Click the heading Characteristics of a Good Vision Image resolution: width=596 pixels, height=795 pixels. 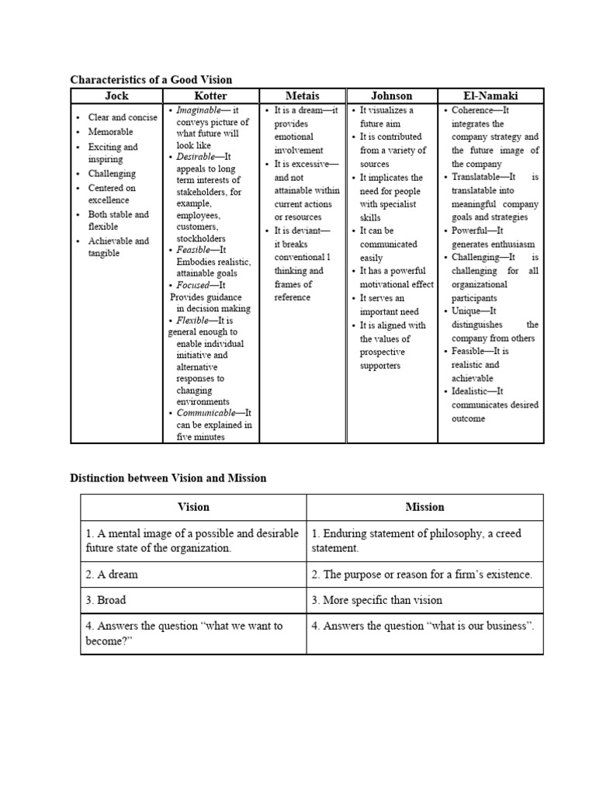[x=151, y=79]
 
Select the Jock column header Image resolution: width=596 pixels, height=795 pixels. [x=116, y=95]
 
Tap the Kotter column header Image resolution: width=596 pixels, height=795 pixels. [x=210, y=95]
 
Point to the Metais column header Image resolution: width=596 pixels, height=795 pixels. [x=302, y=95]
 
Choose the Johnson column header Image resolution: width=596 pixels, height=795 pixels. [x=391, y=95]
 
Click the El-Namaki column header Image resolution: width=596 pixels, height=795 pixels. [x=490, y=95]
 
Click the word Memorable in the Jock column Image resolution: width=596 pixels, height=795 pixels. [x=110, y=132]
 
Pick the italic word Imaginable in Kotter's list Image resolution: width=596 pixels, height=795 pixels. [x=198, y=110]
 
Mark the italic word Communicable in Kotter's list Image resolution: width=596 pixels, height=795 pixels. [x=206, y=413]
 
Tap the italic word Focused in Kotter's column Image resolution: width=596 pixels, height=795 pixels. [x=194, y=285]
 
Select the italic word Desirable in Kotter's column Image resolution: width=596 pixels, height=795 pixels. [x=195, y=157]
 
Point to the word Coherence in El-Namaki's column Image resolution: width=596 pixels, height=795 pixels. [x=473, y=110]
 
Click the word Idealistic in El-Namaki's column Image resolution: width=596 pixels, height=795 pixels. [x=472, y=391]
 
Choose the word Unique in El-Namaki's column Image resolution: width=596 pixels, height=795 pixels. [x=466, y=311]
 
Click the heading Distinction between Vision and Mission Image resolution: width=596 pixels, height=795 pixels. [x=168, y=478]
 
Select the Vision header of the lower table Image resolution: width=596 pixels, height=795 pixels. [x=193, y=507]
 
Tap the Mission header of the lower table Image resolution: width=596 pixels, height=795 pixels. [x=424, y=507]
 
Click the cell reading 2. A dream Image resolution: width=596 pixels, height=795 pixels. [x=113, y=575]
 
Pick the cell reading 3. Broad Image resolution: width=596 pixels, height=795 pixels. [x=106, y=600]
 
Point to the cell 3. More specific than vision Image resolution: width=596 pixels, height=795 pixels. [x=376, y=600]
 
